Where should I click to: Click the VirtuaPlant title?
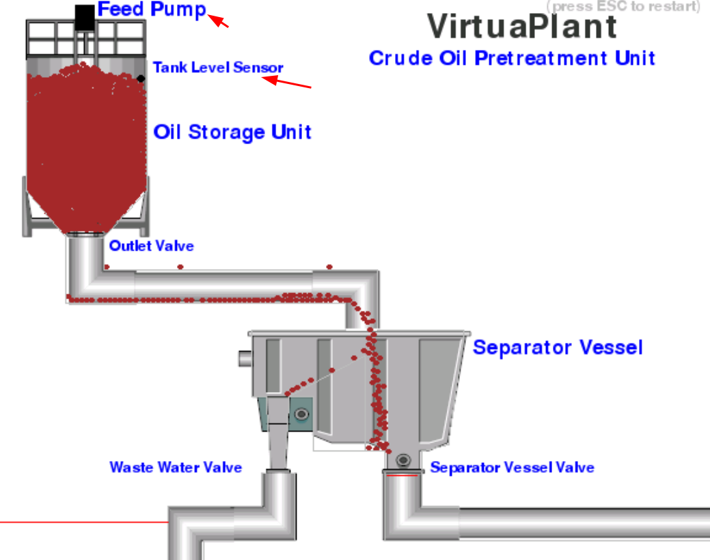pos(522,26)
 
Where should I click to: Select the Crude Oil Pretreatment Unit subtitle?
pos(512,58)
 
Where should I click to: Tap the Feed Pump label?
pos(152,10)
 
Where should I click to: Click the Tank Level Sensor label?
pos(217,68)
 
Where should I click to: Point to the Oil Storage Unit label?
pos(232,132)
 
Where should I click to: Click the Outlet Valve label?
pos(151,246)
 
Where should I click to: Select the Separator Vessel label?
pos(558,347)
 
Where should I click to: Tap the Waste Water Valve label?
pos(176,467)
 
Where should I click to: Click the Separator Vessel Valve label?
pos(512,468)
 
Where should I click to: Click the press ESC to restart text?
pos(623,6)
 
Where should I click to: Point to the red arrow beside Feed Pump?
pos(219,21)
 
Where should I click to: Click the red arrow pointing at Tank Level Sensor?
pos(288,83)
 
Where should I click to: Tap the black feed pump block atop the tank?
pos(84,17)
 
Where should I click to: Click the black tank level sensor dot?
pos(141,79)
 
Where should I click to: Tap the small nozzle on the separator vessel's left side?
pos(244,358)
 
